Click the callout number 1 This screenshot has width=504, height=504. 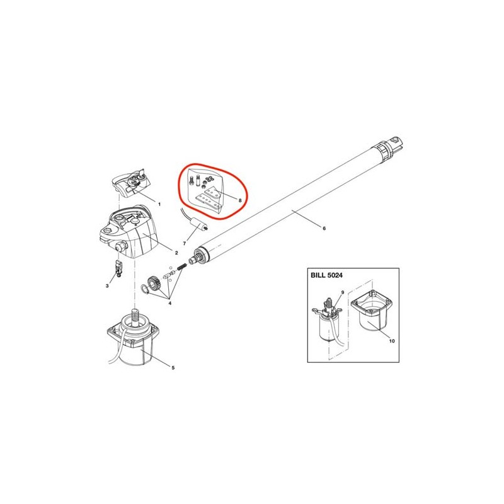click(159, 204)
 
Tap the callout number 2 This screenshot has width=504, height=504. click(176, 253)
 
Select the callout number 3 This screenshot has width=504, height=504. click(107, 286)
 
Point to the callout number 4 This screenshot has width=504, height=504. click(169, 303)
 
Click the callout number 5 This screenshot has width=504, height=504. click(173, 368)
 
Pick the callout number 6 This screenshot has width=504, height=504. click(324, 228)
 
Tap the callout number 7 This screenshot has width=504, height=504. click(184, 244)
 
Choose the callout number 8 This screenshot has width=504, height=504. click(240, 200)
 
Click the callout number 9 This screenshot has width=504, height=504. click(342, 292)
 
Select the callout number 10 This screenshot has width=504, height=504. click(392, 341)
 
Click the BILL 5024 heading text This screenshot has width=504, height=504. click(326, 275)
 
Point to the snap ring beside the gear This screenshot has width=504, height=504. click(144, 289)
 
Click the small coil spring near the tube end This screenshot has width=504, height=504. click(182, 266)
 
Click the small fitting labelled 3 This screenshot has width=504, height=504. click(118, 269)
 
